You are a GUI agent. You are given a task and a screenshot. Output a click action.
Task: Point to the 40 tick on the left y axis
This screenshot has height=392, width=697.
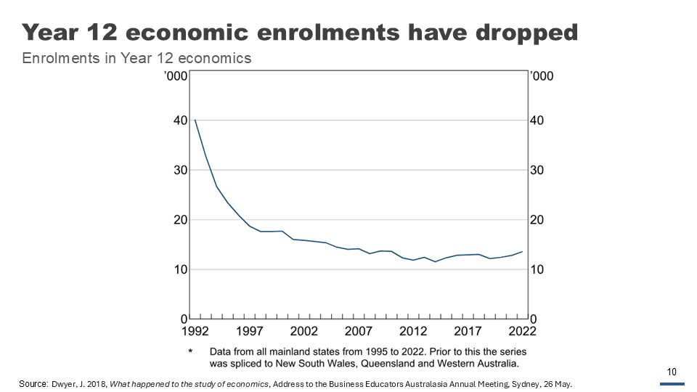click(x=179, y=121)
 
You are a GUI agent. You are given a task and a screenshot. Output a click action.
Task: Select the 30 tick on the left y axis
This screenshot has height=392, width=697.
click(x=179, y=170)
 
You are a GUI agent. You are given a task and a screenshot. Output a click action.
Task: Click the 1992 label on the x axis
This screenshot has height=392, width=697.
click(x=195, y=332)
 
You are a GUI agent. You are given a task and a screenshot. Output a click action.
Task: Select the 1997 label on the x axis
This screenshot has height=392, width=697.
click(x=249, y=332)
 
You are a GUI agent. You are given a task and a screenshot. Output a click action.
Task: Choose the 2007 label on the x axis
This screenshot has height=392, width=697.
click(x=358, y=332)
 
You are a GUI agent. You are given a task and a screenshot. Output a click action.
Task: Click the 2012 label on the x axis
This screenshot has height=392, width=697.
click(x=413, y=332)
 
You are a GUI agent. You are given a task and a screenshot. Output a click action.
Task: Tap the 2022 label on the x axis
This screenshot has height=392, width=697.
click(x=522, y=332)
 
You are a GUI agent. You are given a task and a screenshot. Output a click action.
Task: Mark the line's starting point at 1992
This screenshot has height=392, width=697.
click(x=195, y=120)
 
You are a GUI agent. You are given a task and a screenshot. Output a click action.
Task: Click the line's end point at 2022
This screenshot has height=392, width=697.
click(x=522, y=252)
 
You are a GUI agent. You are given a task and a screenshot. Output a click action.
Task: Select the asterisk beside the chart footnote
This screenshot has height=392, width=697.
click(x=191, y=351)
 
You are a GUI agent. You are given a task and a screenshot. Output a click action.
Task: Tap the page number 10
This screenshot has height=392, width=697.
click(x=672, y=372)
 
